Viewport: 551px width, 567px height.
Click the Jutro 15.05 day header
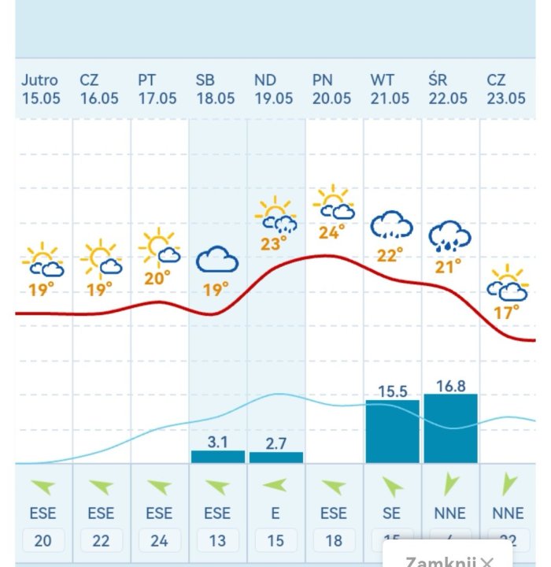(x=40, y=89)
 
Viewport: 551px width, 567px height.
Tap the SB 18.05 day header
(x=216, y=89)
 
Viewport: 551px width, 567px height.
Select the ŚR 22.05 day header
(x=448, y=89)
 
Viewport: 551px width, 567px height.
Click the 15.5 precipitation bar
(x=392, y=432)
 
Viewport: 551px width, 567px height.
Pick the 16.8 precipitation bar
(x=450, y=428)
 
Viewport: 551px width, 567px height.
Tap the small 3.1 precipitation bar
(x=218, y=457)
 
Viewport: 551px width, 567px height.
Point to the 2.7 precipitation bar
(x=275, y=458)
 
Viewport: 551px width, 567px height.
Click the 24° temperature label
(x=333, y=232)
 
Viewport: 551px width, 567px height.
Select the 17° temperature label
(x=507, y=313)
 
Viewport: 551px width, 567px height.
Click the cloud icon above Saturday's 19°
(x=217, y=259)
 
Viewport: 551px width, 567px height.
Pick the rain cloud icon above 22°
(x=391, y=226)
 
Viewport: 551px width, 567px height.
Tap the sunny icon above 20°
(x=159, y=246)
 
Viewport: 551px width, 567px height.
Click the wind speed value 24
(x=159, y=540)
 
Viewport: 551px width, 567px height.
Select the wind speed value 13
(x=217, y=540)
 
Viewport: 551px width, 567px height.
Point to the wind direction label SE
(x=391, y=513)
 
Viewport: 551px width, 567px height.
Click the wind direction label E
(x=275, y=513)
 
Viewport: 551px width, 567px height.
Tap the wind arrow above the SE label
(x=391, y=486)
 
